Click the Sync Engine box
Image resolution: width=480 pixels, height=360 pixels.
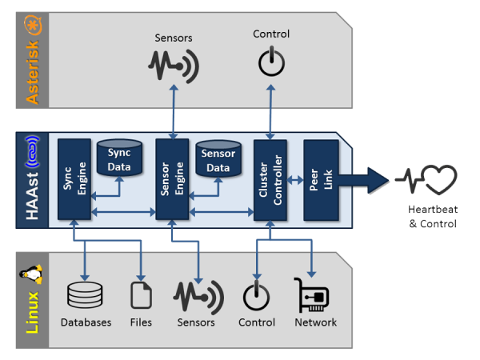coord(74,178)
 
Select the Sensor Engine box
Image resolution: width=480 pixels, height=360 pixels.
coord(172,178)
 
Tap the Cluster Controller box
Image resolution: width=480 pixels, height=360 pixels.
coord(270,178)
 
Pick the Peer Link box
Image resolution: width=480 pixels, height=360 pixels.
coord(320,178)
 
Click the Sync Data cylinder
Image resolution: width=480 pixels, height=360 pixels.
coord(119,157)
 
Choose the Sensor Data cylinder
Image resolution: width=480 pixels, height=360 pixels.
coord(218,157)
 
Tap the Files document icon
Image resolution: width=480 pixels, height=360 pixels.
coord(141,294)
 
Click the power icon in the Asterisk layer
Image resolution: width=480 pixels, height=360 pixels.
coord(271,62)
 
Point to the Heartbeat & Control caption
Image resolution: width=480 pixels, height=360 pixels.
coord(430,217)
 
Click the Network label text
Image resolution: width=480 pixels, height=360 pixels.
coord(315,322)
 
